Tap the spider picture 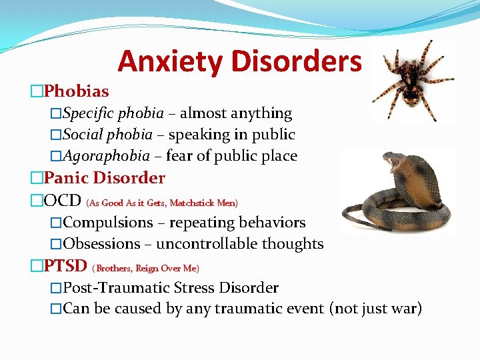(409, 80)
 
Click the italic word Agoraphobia (106, 156)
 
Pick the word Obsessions (101, 244)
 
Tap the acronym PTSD (65, 266)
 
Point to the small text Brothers (114, 269)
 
